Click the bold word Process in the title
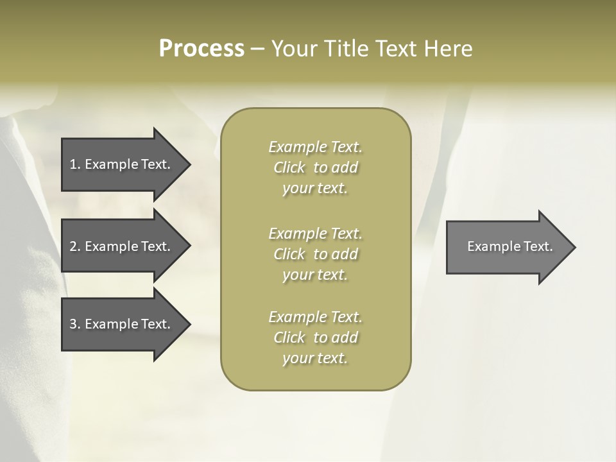pyautogui.click(x=201, y=49)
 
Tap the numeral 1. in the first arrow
pyautogui.click(x=75, y=164)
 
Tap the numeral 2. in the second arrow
pyautogui.click(x=75, y=246)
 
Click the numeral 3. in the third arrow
pyautogui.click(x=75, y=324)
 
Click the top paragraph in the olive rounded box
pyautogui.click(x=315, y=167)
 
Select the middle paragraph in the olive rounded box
pyautogui.click(x=315, y=254)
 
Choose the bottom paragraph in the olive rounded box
pyautogui.click(x=315, y=338)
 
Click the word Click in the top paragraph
pyautogui.click(x=289, y=167)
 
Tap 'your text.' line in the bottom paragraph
pyautogui.click(x=315, y=358)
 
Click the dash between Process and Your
pyautogui.click(x=257, y=49)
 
